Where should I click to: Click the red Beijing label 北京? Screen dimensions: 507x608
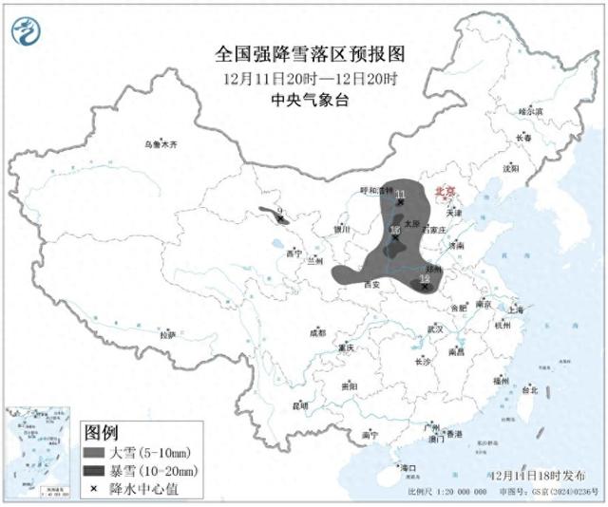[x=446, y=191]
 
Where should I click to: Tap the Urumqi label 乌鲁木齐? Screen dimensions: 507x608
[x=161, y=144]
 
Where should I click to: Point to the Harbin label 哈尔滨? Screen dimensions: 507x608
[x=530, y=111]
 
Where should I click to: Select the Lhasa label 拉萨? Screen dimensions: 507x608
[x=167, y=334]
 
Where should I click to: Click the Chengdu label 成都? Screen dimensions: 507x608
[x=317, y=333]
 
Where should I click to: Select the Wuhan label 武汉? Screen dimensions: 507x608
[x=436, y=329]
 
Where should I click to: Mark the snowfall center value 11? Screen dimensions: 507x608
[x=400, y=195]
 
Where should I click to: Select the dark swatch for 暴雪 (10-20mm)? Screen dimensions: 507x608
[x=94, y=471]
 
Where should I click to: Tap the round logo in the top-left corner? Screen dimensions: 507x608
[x=27, y=32]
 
